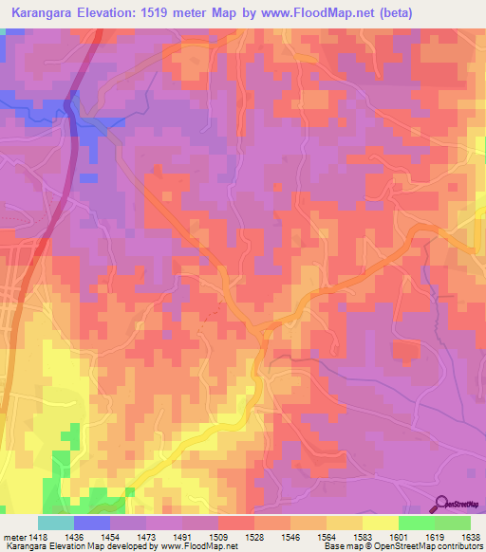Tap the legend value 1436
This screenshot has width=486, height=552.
coord(74,537)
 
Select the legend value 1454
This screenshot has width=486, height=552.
coord(110,537)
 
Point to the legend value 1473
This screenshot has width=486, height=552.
coord(146,537)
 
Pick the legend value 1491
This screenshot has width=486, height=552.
coord(182,537)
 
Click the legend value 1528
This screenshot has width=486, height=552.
coord(255,537)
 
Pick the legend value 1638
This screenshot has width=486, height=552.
coord(470,537)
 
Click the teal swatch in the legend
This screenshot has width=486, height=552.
coord(56,523)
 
